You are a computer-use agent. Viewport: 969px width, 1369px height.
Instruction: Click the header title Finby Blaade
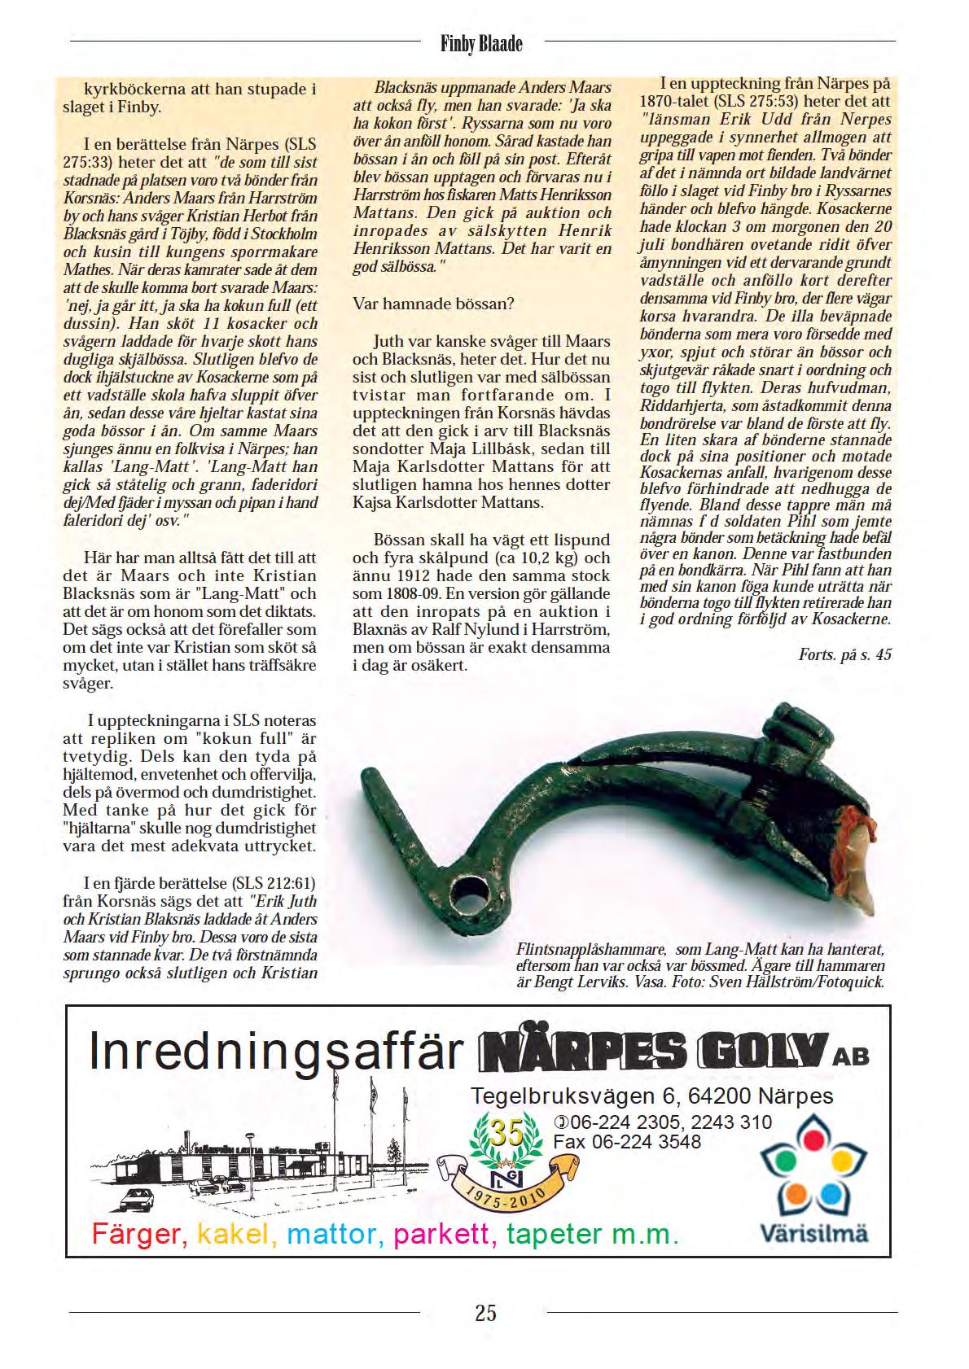(480, 43)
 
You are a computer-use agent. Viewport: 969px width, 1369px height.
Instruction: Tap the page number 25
(485, 1312)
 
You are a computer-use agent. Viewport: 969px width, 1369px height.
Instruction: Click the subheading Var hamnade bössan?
(433, 304)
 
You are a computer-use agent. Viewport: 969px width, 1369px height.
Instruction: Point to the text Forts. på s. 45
(844, 654)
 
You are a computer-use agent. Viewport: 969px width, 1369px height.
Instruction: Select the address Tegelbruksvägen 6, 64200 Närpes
(651, 1095)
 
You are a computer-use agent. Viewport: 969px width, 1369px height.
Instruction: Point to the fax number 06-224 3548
(627, 1141)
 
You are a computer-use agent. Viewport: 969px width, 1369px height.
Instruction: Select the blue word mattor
(334, 1235)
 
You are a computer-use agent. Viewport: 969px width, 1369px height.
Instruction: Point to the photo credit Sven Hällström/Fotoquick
(796, 982)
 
